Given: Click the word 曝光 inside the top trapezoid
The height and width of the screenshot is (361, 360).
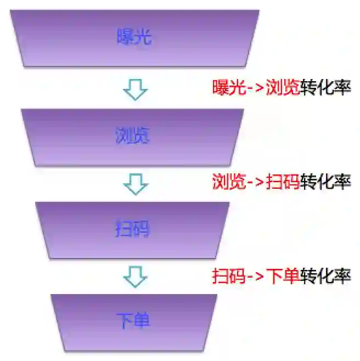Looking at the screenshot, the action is coord(134,37).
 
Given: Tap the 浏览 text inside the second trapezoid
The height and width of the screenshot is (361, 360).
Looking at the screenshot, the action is coord(132,135).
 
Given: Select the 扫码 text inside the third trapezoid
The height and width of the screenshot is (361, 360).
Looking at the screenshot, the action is coord(132,229).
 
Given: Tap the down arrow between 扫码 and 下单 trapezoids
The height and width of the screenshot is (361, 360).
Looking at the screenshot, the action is coord(135,277).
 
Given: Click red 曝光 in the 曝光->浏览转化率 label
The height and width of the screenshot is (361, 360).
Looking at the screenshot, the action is coord(229,87).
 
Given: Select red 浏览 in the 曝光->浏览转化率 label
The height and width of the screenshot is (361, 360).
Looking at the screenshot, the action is coord(283,87).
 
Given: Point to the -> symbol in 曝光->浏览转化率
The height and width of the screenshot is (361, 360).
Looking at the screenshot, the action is coord(256,88).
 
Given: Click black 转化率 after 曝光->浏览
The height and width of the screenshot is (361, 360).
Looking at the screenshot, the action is coord(325,87).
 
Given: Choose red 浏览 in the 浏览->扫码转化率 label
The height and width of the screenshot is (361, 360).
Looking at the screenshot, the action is coord(229,182).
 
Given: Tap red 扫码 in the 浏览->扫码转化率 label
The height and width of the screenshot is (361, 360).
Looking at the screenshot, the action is coord(283,182).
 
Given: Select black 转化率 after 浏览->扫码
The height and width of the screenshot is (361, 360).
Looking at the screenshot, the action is coord(325,182).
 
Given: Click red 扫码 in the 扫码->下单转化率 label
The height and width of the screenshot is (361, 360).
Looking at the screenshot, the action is coord(229,275).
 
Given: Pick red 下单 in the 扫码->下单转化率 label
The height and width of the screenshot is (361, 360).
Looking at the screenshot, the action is coord(283,275).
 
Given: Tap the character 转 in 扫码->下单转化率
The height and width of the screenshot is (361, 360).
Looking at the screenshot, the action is coord(309,275).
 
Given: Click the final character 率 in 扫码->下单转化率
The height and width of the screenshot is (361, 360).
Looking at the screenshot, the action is coord(342,275).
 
